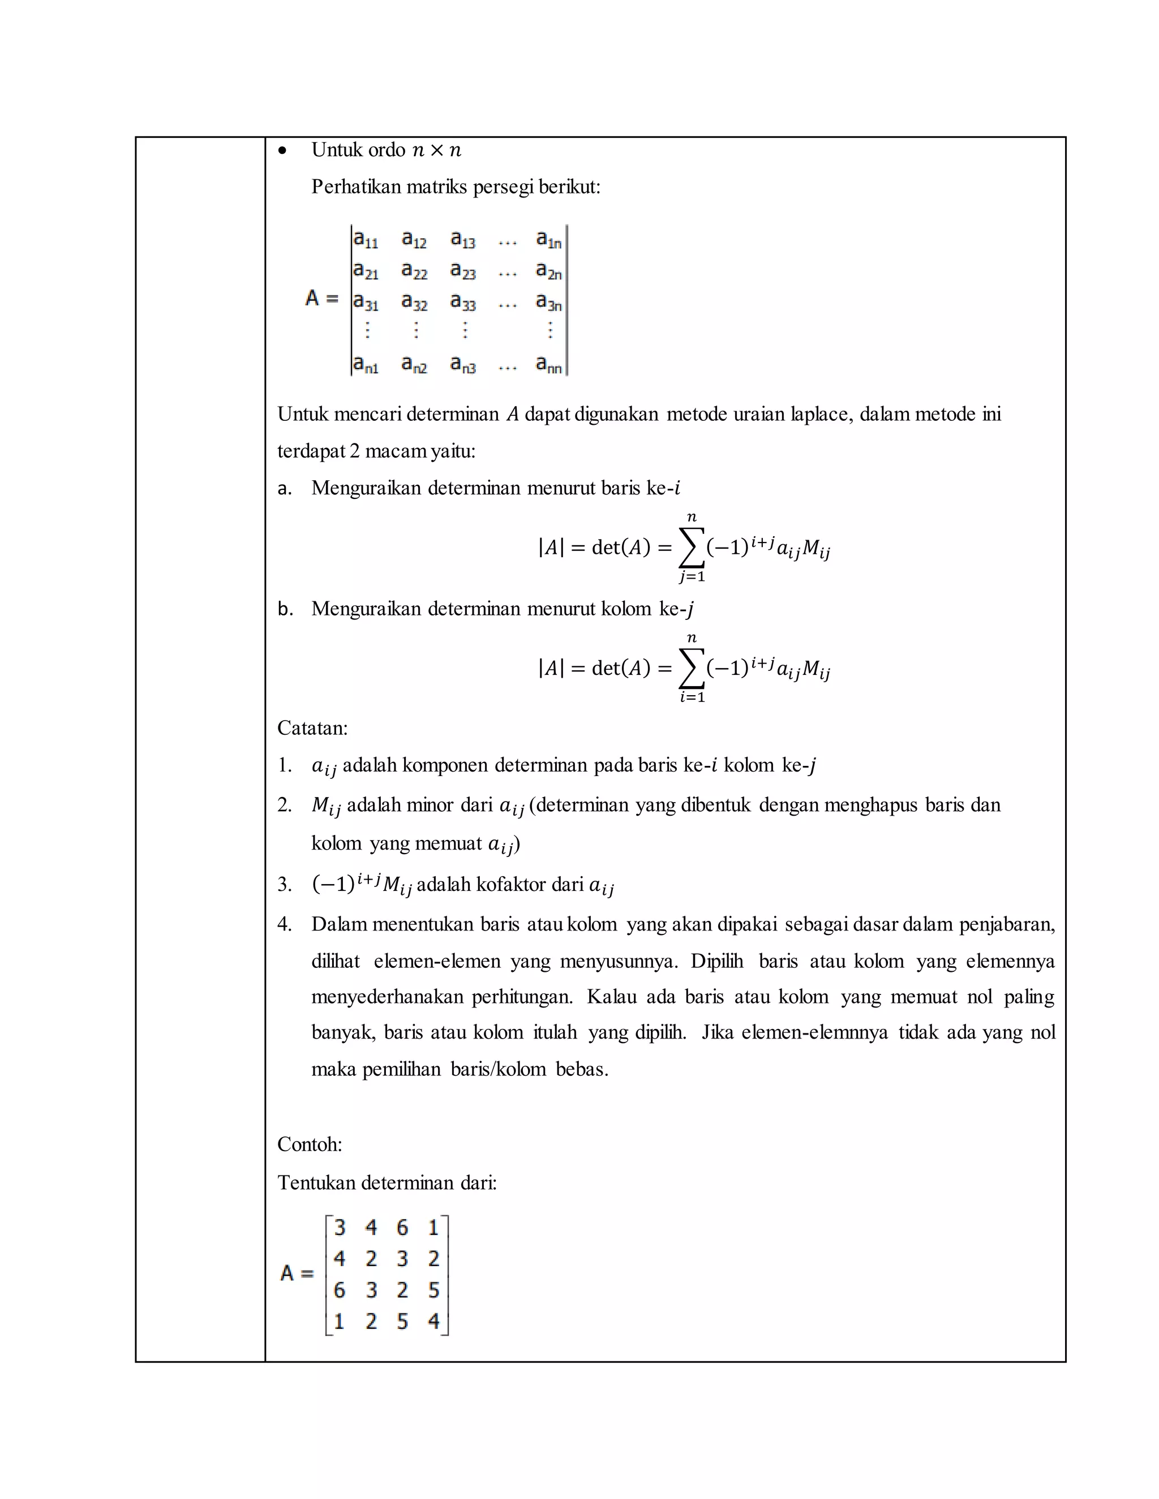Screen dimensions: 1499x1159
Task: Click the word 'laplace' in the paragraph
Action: [821, 415]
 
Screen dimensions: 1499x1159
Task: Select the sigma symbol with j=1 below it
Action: [692, 547]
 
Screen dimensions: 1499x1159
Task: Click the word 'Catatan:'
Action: [312, 728]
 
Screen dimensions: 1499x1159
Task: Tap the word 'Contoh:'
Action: [310, 1144]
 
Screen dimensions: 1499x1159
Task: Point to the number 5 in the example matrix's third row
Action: [433, 1290]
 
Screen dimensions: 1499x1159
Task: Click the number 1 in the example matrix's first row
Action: [433, 1227]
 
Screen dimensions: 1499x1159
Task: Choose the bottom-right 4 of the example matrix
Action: [433, 1321]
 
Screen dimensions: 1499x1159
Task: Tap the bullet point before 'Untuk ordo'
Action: [282, 150]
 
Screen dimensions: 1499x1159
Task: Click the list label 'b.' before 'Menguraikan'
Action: [285, 609]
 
